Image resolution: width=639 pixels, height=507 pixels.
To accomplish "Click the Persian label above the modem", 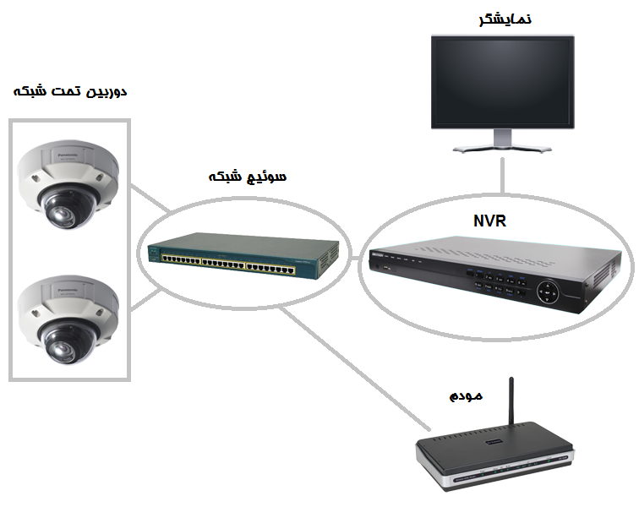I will click(466, 394).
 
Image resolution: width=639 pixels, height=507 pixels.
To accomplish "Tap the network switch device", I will click(243, 256).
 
